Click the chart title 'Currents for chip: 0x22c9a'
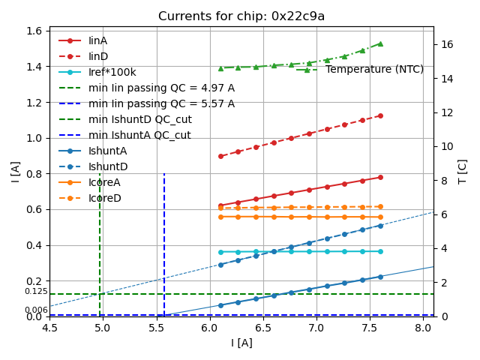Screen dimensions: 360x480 [x=241, y=16]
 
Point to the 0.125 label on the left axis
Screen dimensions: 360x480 [x=35, y=292]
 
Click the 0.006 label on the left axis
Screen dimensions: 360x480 [x=35, y=310]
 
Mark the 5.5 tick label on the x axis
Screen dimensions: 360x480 [x=156, y=328]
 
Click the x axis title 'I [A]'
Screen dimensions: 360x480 [x=241, y=343]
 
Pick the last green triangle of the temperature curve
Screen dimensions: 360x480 [x=380, y=43]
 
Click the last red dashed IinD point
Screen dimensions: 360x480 [x=380, y=115]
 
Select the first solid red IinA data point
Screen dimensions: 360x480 [x=220, y=205]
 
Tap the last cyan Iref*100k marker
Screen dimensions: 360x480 [x=380, y=251]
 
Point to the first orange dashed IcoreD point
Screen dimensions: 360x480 [x=220, y=208]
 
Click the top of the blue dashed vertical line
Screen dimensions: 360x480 [x=164, y=174]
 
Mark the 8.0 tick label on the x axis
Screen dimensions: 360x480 [x=423, y=328]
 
